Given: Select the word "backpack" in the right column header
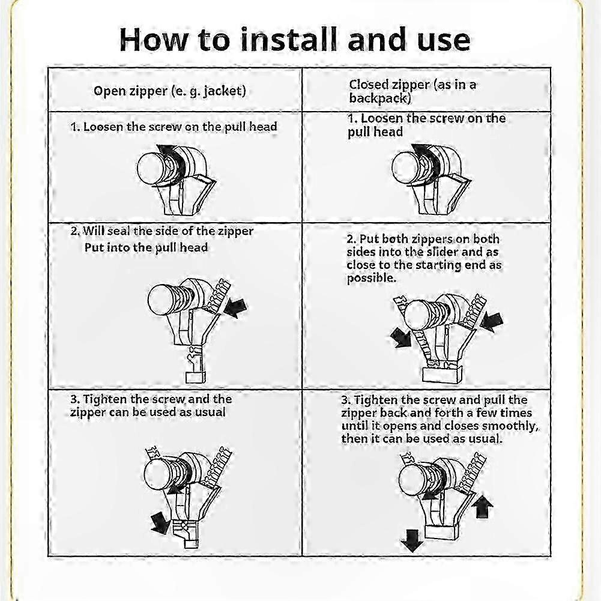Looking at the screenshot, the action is (x=378, y=98).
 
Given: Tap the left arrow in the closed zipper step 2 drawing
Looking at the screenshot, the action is (x=401, y=337).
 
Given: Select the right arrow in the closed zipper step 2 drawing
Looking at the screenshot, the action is (x=491, y=322).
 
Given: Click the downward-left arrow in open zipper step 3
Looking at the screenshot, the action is (x=160, y=523).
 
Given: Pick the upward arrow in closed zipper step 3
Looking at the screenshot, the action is (x=482, y=506).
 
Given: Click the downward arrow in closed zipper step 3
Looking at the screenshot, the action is (x=412, y=540).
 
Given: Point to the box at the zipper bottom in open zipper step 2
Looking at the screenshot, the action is (x=196, y=376).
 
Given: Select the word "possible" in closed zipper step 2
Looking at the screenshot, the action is (x=370, y=278).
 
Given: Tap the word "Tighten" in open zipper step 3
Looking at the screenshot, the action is (x=105, y=400).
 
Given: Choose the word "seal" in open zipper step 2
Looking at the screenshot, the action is (x=119, y=231).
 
